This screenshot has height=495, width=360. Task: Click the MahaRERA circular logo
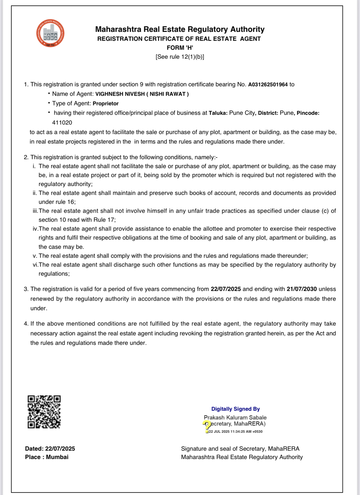[x=50, y=33]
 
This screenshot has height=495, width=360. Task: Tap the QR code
[x=44, y=412]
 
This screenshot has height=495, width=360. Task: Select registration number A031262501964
[x=268, y=85]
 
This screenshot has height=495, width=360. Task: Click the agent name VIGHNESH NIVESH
[x=120, y=94]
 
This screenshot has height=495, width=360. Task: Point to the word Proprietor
[x=105, y=104]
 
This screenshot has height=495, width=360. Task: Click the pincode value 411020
[x=62, y=123]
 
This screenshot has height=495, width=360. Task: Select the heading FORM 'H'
[x=180, y=48]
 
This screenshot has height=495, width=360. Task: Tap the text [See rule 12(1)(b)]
[x=180, y=57]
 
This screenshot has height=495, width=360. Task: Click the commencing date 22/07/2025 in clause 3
[x=226, y=289]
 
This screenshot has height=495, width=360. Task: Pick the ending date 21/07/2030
[x=302, y=289]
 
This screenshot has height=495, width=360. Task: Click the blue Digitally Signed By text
[x=235, y=409]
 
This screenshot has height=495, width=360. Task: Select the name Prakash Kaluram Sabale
[x=235, y=418]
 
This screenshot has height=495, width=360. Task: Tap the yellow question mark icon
[x=207, y=426]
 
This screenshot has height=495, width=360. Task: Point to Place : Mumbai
[x=47, y=457]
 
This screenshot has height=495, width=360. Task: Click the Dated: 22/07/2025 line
[x=50, y=449]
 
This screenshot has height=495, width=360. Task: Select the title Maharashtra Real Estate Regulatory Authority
[x=180, y=29]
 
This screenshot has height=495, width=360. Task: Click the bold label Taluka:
[x=218, y=113]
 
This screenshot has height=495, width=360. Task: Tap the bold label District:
[x=268, y=113]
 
